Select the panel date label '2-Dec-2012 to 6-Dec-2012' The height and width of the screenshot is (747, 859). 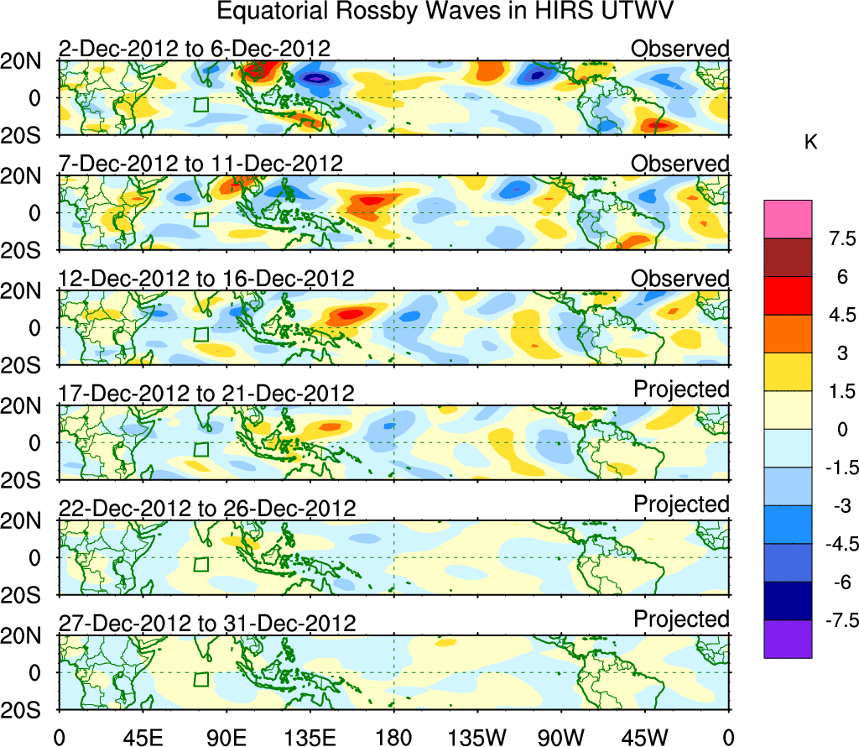[194, 49]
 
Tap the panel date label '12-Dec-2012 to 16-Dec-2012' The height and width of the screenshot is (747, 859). [206, 279]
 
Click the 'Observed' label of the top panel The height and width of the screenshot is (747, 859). [680, 49]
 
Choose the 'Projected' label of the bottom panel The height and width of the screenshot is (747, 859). [681, 619]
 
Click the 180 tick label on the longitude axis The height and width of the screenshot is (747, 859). [393, 736]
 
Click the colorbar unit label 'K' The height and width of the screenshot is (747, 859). [811, 144]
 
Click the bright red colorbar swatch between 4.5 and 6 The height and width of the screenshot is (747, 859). [788, 295]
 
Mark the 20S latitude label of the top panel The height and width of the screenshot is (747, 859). [29, 135]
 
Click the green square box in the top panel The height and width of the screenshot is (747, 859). [200, 105]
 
